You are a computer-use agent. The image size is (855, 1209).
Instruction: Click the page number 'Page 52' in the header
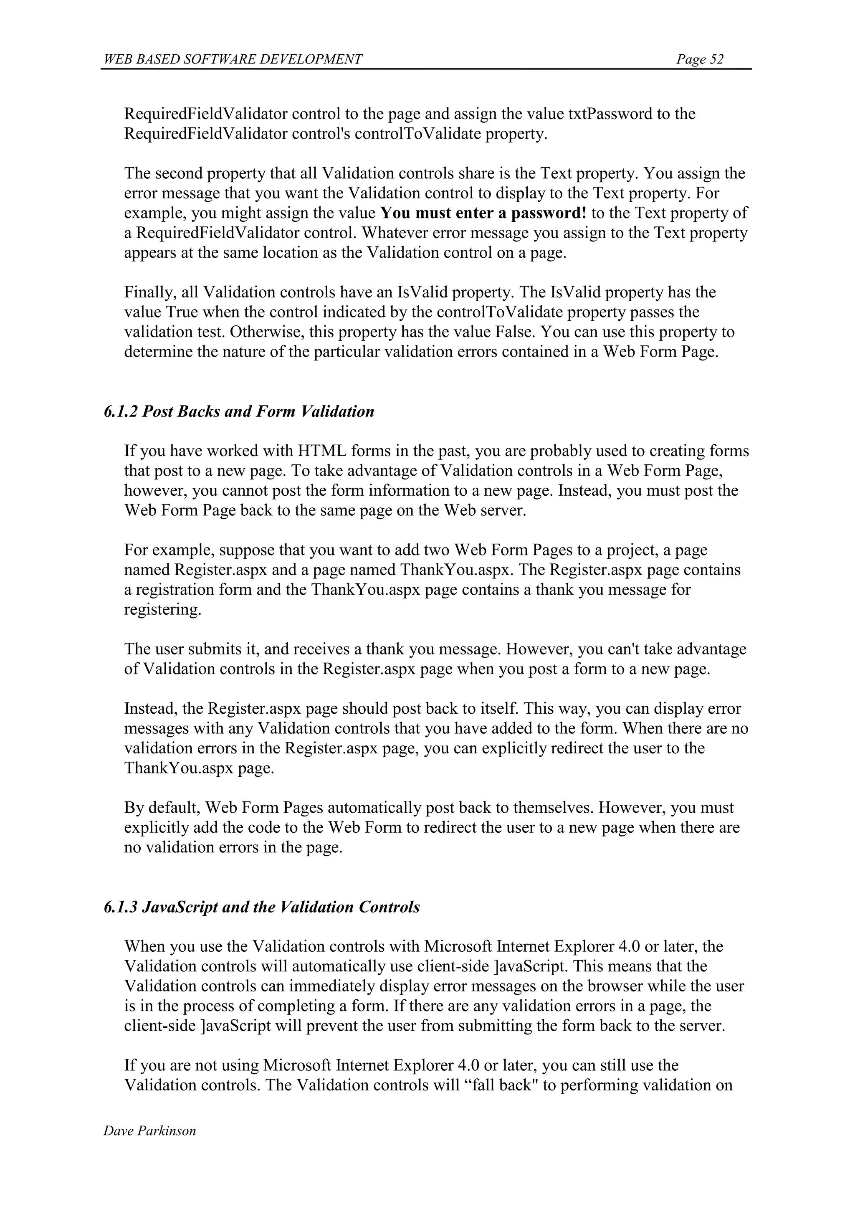tap(700, 59)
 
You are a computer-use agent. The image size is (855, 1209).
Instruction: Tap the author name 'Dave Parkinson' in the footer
tap(149, 1130)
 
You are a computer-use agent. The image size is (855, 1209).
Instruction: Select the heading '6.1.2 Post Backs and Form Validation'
tap(239, 411)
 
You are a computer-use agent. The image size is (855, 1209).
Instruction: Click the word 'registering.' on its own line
tap(163, 610)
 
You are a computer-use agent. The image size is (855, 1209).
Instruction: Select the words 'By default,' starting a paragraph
tap(162, 808)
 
